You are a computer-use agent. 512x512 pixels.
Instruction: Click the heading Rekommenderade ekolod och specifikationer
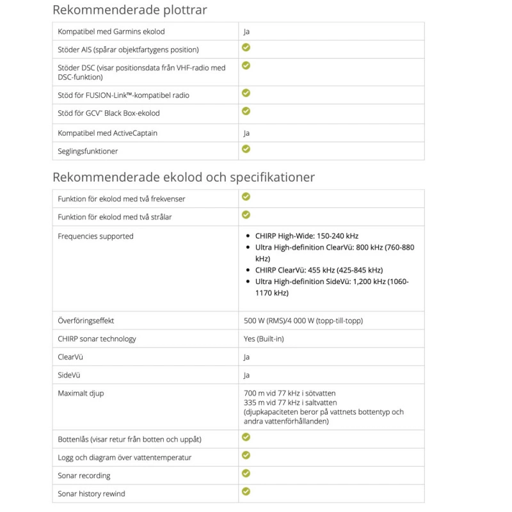click(183, 177)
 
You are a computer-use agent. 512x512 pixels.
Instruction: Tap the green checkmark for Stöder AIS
click(246, 47)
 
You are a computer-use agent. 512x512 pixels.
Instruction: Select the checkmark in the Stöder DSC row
click(246, 65)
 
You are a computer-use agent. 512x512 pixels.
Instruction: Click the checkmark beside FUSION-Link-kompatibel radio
click(246, 93)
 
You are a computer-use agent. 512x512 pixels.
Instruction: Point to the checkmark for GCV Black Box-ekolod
click(246, 111)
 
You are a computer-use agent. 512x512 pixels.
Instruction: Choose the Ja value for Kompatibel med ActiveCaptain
click(246, 133)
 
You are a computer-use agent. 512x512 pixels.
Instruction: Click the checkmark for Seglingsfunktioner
click(246, 149)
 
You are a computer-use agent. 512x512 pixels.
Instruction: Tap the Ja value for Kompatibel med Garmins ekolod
click(246, 31)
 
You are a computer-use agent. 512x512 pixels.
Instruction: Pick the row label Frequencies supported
click(95, 236)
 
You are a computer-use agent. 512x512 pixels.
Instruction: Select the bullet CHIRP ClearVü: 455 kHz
click(319, 270)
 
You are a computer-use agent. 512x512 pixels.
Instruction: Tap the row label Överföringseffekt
click(86, 321)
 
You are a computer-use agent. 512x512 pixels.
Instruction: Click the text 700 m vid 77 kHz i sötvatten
click(289, 393)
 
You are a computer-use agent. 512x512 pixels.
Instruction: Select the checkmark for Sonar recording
click(246, 474)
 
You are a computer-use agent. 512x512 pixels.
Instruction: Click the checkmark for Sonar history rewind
click(246, 492)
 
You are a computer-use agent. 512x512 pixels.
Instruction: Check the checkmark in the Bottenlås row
click(246, 437)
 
